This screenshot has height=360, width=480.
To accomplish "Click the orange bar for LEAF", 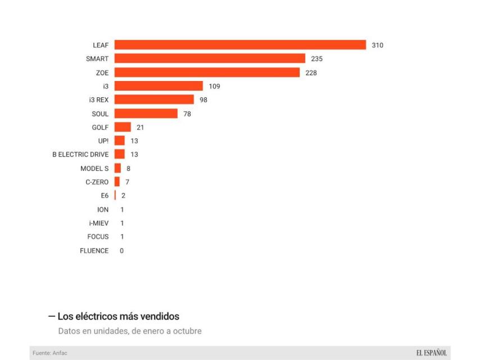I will click(x=240, y=45).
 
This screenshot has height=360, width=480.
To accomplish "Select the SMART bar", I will click(x=210, y=58).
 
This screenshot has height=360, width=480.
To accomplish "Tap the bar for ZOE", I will click(x=207, y=73).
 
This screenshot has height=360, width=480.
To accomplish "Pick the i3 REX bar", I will click(x=154, y=100).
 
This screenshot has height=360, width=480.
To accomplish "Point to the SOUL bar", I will click(x=146, y=114).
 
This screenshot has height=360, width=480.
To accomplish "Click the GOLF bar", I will click(x=123, y=127).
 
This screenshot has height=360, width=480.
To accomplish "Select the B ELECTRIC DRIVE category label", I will click(x=80, y=155).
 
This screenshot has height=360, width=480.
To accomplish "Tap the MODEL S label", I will click(x=94, y=168).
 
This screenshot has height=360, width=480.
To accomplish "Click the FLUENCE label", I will click(x=94, y=251).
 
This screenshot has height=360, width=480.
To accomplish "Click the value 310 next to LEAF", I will click(x=377, y=45).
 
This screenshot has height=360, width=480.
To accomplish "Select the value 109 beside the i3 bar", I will click(x=214, y=86).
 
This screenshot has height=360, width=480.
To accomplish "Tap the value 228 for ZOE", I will click(x=311, y=73).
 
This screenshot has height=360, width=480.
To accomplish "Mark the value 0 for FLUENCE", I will click(x=121, y=251).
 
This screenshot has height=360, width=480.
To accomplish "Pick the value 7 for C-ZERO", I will click(x=128, y=182).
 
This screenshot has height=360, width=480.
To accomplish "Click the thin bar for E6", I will click(x=115, y=196).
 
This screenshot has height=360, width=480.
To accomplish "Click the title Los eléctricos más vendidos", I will click(x=118, y=317).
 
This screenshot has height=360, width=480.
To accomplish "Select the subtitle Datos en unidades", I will click(x=130, y=331).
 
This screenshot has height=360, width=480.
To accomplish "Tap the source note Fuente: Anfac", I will click(x=50, y=353).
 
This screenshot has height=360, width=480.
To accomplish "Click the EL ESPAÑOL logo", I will click(x=431, y=353).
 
